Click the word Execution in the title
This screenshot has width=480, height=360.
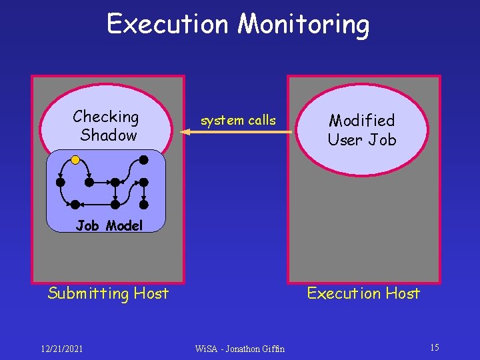click(167, 24)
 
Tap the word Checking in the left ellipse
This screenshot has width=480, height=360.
click(106, 117)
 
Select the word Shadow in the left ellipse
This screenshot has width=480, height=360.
click(109, 135)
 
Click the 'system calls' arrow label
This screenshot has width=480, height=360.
click(238, 120)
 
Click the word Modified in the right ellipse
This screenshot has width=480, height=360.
click(362, 120)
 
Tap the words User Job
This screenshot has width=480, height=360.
click(362, 139)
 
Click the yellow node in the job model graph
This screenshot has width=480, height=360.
click(75, 160)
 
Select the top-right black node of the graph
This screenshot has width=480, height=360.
click(143, 159)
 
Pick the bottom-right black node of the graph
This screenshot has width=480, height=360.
click(143, 205)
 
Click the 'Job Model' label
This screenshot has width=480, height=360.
click(109, 225)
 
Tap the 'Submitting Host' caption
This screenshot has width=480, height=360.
click(108, 293)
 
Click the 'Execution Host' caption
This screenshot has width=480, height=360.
click(363, 293)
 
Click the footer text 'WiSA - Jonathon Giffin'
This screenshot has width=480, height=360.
click(239, 348)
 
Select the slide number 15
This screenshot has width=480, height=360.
click(434, 347)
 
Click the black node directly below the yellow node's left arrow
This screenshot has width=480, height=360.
click(61, 181)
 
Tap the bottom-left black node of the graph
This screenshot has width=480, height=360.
click(75, 205)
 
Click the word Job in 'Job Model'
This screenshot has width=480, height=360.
click(87, 225)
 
